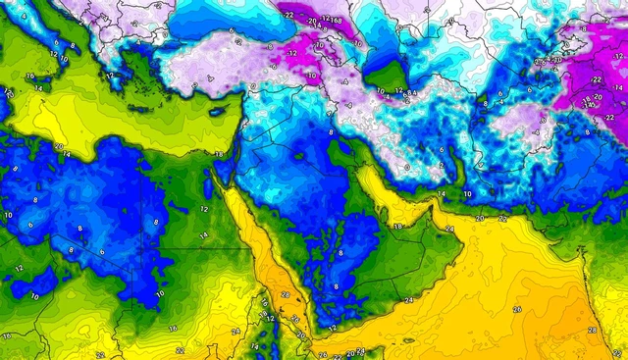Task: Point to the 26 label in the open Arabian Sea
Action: pyautogui.click(x=516, y=308)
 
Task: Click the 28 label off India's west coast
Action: pyautogui.click(x=592, y=331)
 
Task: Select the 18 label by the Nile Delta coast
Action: pyautogui.click(x=218, y=154)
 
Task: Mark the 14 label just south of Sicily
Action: pyautogui.click(x=37, y=88)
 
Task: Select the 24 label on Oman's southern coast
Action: pyautogui.click(x=409, y=300)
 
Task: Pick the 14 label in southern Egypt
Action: pyautogui.click(x=203, y=235)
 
